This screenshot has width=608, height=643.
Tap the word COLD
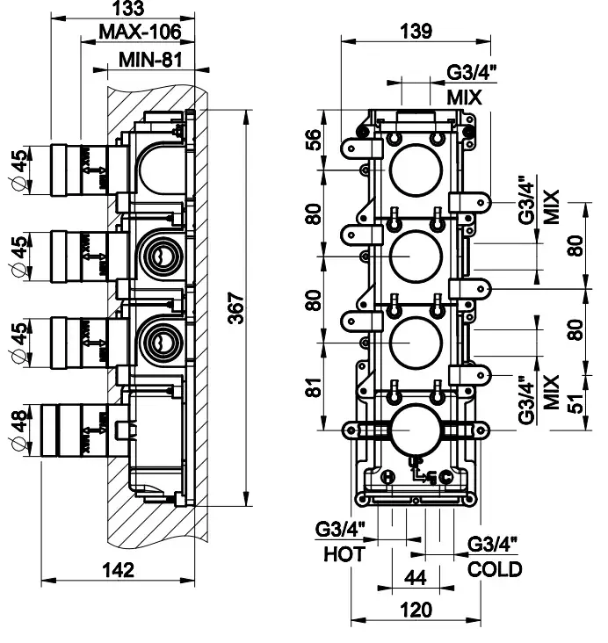point(496,568)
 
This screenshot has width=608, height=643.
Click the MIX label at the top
point(463,98)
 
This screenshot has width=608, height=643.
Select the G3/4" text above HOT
point(338,529)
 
